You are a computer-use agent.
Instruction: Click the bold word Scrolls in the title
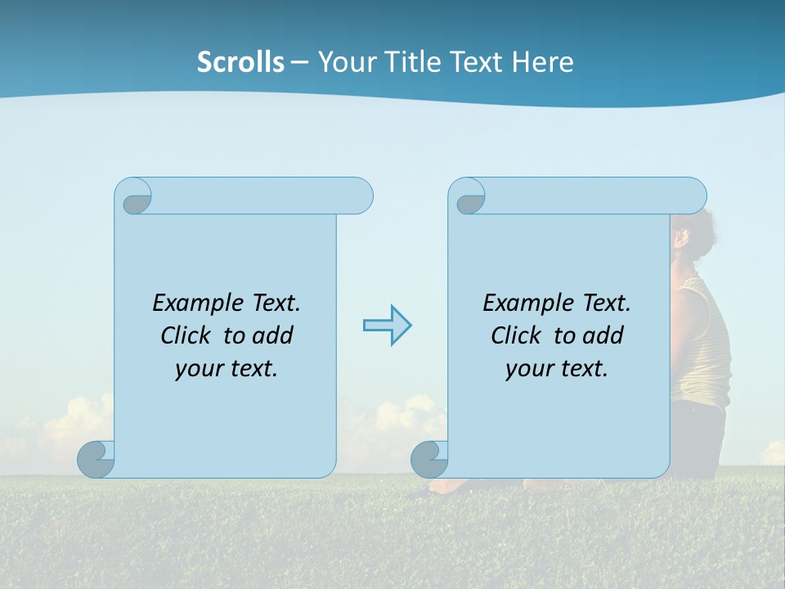tap(240, 62)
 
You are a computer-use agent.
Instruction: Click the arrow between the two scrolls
tap(387, 326)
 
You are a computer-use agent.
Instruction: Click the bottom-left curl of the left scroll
tap(96, 459)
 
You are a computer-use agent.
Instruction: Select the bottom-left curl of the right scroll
tap(429, 459)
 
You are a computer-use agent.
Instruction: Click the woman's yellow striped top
tap(703, 344)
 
